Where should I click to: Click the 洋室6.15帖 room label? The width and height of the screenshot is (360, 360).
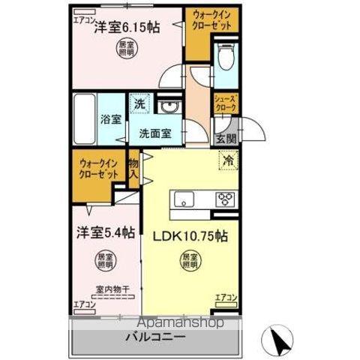coord(125,28)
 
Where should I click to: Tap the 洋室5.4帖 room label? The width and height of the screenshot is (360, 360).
coord(103,233)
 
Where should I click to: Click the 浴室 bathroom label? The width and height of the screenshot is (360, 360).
coord(110,118)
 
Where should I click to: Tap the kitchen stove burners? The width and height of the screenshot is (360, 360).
coord(226,199)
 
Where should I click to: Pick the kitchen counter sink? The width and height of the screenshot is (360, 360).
coord(184,199)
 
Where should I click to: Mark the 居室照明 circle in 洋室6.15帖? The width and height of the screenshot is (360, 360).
coord(127,51)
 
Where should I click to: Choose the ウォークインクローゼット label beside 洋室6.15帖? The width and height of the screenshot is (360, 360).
coord(209,20)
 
